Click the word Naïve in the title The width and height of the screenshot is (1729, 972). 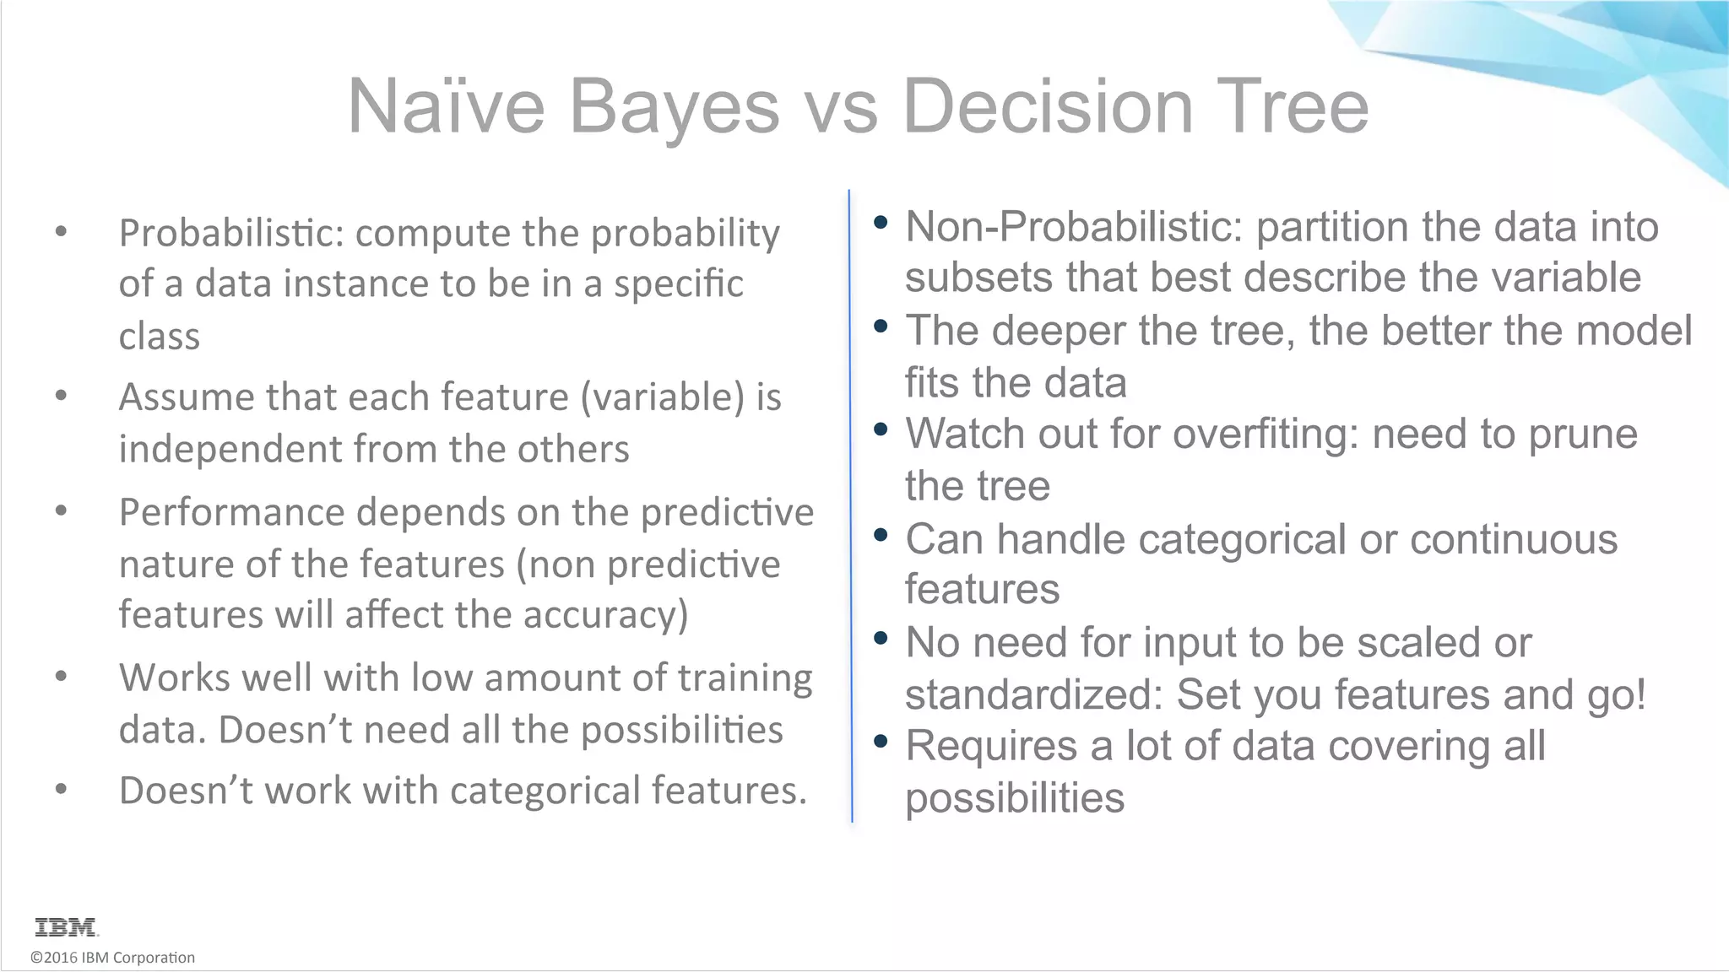point(446,106)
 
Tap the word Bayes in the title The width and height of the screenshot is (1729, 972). point(674,106)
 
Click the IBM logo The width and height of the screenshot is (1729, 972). point(67,927)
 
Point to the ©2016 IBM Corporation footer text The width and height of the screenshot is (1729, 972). point(112,958)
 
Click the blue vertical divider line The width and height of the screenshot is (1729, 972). point(850,506)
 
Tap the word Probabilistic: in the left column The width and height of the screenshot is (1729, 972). point(230,234)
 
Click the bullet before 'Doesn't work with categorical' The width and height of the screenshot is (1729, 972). point(61,790)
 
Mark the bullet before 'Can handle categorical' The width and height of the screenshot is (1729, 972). point(881,535)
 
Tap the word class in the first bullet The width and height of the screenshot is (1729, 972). point(160,337)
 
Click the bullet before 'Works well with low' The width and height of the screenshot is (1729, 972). point(61,676)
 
